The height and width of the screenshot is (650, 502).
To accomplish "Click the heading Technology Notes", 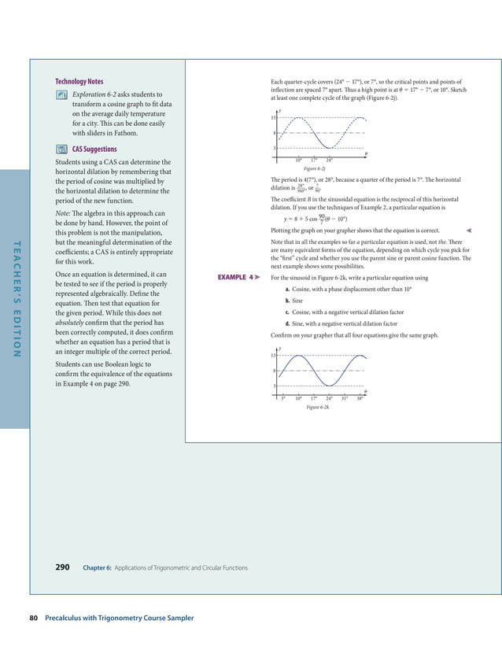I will point(79,82).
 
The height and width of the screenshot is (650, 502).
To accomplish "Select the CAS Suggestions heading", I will point(94,149).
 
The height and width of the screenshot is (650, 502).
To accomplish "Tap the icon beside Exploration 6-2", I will point(61,95).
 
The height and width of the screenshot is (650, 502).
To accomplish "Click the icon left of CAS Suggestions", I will point(61,149).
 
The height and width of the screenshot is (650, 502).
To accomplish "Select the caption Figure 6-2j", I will point(315,168).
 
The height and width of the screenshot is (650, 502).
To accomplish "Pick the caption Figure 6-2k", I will point(318,408).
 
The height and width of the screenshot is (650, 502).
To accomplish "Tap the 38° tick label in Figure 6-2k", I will point(360,399).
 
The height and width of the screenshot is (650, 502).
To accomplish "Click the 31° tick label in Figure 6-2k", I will point(344,399).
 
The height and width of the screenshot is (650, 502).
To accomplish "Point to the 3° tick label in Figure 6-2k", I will point(282,399).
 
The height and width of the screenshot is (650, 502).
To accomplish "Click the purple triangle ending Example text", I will point(469,230).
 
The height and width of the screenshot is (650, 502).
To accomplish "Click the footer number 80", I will point(34,618).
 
